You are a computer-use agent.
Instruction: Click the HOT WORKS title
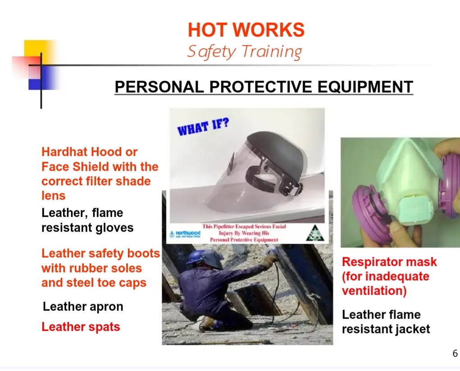coord(246,30)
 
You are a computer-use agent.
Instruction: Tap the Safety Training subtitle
coord(245,52)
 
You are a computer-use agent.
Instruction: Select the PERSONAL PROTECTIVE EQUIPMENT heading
coord(264,87)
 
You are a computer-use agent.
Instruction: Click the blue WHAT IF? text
coord(203,127)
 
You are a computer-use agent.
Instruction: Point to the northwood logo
coord(185,234)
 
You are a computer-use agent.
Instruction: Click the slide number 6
coord(455,353)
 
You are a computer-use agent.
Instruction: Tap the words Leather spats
coord(81,327)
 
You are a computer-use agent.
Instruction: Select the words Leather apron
coord(83,307)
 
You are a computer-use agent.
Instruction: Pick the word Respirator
coord(367,262)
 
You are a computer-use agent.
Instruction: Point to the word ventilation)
coord(374,291)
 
